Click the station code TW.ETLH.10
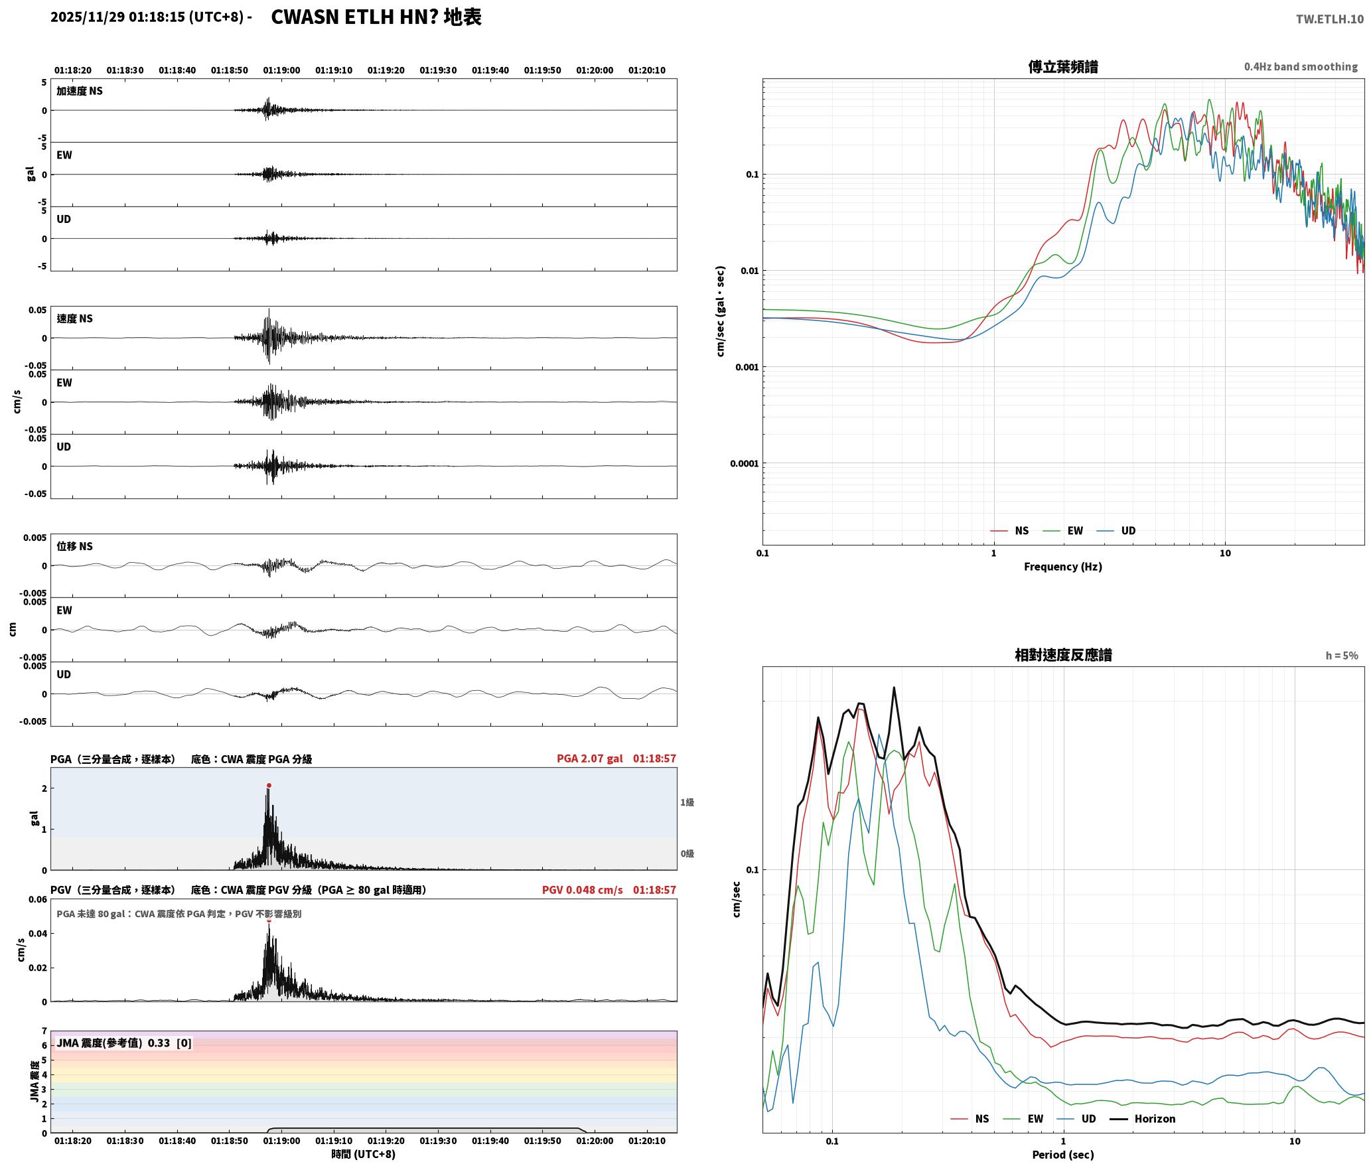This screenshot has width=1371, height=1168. tap(1329, 19)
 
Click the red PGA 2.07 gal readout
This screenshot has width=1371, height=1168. tap(589, 759)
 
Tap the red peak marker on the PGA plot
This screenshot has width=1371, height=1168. tap(269, 786)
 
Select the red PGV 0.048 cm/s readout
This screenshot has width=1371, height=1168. tap(582, 890)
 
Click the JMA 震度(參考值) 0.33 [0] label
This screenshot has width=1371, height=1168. tap(124, 1043)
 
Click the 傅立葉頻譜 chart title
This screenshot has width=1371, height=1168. tap(1062, 67)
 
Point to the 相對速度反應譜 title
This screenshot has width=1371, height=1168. tap(1063, 655)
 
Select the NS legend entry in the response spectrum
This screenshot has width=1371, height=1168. tap(970, 1119)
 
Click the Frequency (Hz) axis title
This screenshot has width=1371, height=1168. tap(1062, 567)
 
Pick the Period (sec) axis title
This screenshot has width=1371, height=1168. tap(1063, 1155)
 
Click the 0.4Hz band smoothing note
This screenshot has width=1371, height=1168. tap(1301, 67)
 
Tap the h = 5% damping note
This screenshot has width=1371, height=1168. tap(1342, 656)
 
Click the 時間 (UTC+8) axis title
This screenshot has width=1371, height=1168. tap(364, 1154)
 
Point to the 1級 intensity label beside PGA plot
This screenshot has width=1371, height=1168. tap(687, 802)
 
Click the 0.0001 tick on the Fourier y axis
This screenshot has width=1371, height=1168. tap(744, 463)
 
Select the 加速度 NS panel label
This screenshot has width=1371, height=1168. tap(80, 91)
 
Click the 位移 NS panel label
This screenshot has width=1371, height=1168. tap(74, 546)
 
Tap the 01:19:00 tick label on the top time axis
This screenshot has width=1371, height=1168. tap(281, 70)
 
